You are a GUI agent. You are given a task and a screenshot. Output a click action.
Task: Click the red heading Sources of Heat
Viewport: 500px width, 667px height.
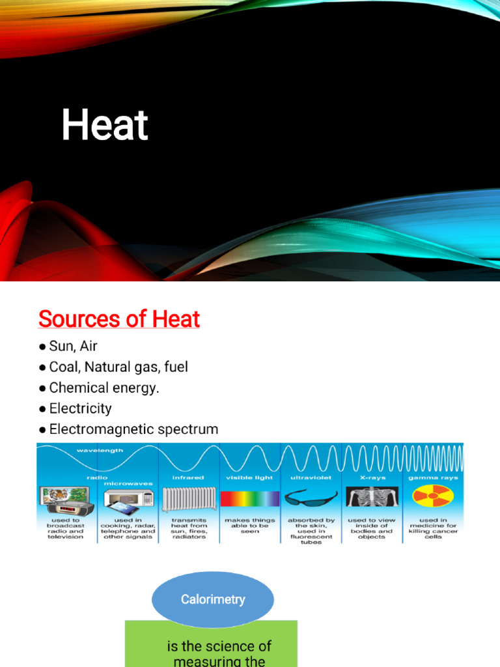pyautogui.click(x=119, y=319)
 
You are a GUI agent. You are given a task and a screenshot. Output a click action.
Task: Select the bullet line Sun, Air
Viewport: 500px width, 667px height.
pyautogui.click(x=73, y=346)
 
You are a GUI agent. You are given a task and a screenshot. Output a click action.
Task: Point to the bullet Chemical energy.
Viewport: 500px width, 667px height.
pyautogui.click(x=104, y=388)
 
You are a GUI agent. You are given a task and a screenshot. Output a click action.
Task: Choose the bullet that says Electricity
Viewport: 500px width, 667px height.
pyautogui.click(x=80, y=408)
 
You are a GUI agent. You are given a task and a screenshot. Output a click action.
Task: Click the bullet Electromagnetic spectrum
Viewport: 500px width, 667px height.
pyautogui.click(x=133, y=429)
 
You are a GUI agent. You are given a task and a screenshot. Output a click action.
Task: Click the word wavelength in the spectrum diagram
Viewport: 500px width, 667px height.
pyautogui.click(x=100, y=450)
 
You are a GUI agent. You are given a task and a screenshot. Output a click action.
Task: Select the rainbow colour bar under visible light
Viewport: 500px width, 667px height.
pyautogui.click(x=249, y=499)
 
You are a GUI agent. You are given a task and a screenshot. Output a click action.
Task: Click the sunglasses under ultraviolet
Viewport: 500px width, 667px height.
pyautogui.click(x=311, y=498)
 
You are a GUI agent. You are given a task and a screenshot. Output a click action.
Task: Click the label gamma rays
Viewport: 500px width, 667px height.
pyautogui.click(x=433, y=477)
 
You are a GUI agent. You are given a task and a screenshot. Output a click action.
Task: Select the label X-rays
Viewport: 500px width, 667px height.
pyautogui.click(x=372, y=477)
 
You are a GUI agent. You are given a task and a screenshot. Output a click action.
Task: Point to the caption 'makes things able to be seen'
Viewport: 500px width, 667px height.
pyautogui.click(x=249, y=525)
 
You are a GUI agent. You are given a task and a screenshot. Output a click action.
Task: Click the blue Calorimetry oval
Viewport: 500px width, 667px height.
pyautogui.click(x=212, y=599)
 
